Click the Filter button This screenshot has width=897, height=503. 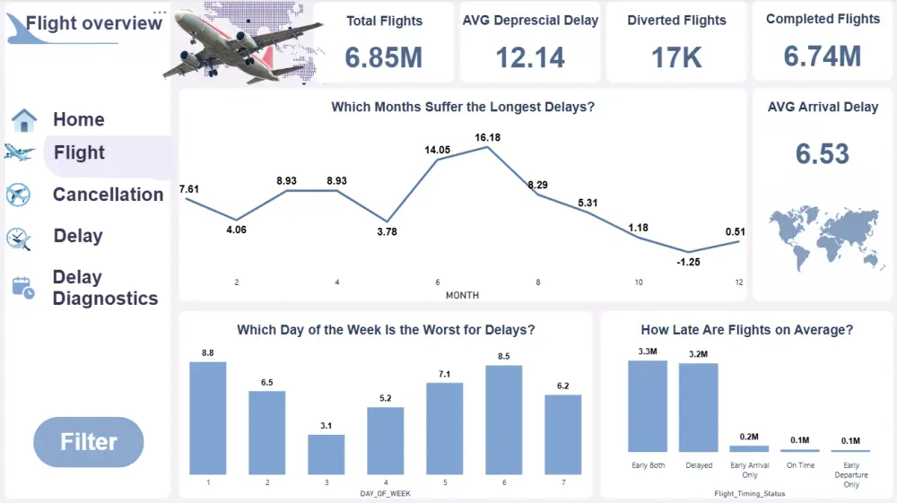[88, 441]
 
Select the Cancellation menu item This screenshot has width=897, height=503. [108, 195]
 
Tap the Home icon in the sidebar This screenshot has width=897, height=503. [23, 120]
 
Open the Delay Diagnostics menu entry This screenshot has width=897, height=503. [104, 288]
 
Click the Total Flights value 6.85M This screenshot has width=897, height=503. [383, 56]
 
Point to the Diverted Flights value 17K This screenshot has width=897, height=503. [676, 56]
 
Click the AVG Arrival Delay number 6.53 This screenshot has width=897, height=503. [822, 153]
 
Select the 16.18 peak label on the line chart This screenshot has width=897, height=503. [488, 137]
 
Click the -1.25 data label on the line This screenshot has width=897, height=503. [688, 262]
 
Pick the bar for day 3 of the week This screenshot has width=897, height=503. [327, 454]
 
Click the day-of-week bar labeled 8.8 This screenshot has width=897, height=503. [208, 417]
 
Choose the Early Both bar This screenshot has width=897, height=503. [648, 405]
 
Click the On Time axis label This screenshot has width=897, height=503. [800, 465]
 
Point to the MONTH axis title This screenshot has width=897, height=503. [462, 295]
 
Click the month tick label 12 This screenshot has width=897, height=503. [738, 282]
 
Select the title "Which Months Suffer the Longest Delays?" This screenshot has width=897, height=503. [463, 107]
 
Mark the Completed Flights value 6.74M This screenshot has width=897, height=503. [822, 56]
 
